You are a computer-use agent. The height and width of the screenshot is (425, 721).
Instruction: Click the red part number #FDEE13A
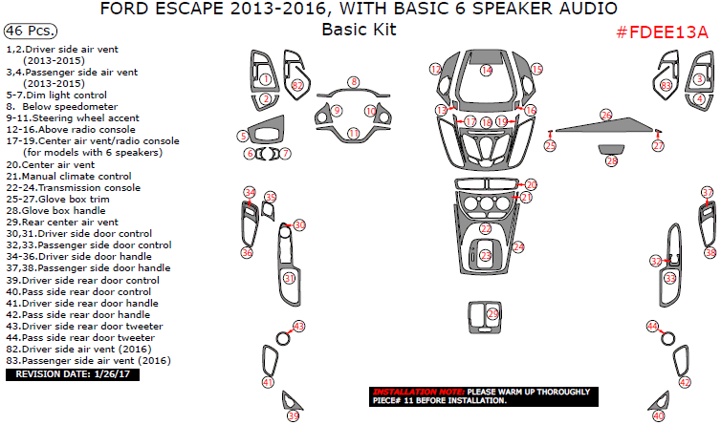pyautogui.click(x=662, y=32)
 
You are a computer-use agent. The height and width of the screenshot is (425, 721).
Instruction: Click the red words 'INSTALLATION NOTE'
pyautogui.click(x=417, y=392)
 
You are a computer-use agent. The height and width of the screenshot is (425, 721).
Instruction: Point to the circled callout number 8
pyautogui.click(x=353, y=82)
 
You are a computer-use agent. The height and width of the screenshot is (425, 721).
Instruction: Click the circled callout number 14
pyautogui.click(x=487, y=70)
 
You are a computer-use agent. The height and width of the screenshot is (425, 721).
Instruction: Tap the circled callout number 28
pyautogui.click(x=611, y=161)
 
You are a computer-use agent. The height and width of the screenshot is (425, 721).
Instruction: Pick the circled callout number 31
pyautogui.click(x=289, y=277)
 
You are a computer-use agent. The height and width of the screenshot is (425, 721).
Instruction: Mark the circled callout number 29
pyautogui.click(x=492, y=313)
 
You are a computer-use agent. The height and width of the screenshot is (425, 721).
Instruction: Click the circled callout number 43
pyautogui.click(x=298, y=327)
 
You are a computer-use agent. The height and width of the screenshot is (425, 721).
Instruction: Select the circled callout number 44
pyautogui.click(x=652, y=327)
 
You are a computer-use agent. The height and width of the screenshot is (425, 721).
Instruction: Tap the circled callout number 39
pyautogui.click(x=294, y=415)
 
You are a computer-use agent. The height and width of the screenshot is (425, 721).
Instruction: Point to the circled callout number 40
pyautogui.click(x=658, y=415)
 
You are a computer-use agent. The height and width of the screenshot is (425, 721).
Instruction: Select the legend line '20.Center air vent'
pyautogui.click(x=52, y=164)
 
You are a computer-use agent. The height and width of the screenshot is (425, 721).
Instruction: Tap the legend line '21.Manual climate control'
pyautogui.click(x=68, y=176)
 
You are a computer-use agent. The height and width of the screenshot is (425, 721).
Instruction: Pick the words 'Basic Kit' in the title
pyautogui.click(x=359, y=30)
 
